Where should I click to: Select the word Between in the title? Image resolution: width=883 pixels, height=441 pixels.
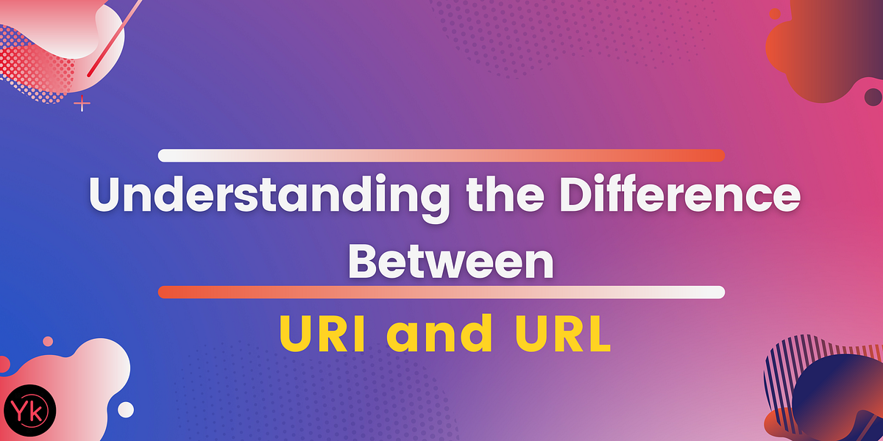(450, 262)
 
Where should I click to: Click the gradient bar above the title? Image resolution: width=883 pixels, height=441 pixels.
(441, 155)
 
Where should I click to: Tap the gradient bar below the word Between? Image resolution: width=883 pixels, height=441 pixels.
(441, 292)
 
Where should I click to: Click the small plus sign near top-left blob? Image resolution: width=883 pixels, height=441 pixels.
(82, 104)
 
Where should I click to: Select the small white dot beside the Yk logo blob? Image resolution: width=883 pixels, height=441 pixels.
(126, 409)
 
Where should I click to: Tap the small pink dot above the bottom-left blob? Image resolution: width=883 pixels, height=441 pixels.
(48, 341)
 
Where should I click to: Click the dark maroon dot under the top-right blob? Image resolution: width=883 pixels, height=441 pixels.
(873, 96)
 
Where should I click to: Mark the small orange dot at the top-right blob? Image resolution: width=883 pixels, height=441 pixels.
(774, 13)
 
